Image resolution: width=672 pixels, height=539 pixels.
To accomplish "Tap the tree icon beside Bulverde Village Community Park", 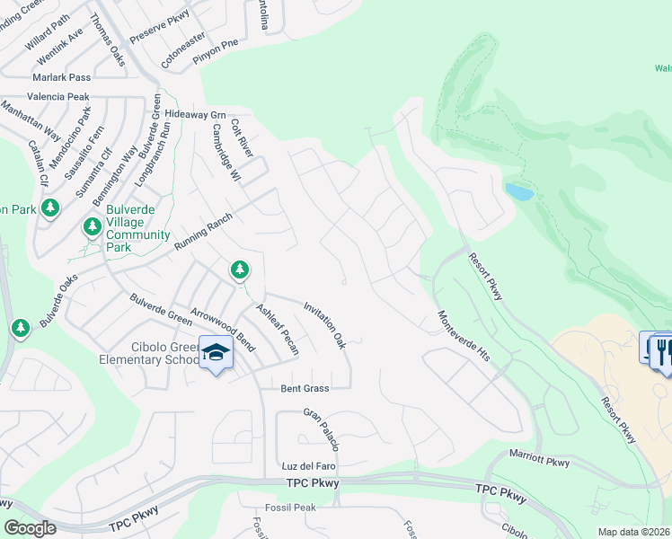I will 93,226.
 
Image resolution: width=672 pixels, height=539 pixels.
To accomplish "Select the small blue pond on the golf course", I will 517,191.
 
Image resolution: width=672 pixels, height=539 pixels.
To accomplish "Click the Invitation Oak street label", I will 325,325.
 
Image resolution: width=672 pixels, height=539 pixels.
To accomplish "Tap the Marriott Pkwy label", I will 539,463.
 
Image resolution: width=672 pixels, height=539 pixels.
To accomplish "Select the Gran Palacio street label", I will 322,430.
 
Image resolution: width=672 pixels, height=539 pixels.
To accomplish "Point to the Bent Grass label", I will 305,388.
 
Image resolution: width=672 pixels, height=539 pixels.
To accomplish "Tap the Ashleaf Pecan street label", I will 277,328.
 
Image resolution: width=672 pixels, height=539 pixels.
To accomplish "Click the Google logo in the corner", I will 31,527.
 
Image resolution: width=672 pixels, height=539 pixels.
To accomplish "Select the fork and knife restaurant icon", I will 663,349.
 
